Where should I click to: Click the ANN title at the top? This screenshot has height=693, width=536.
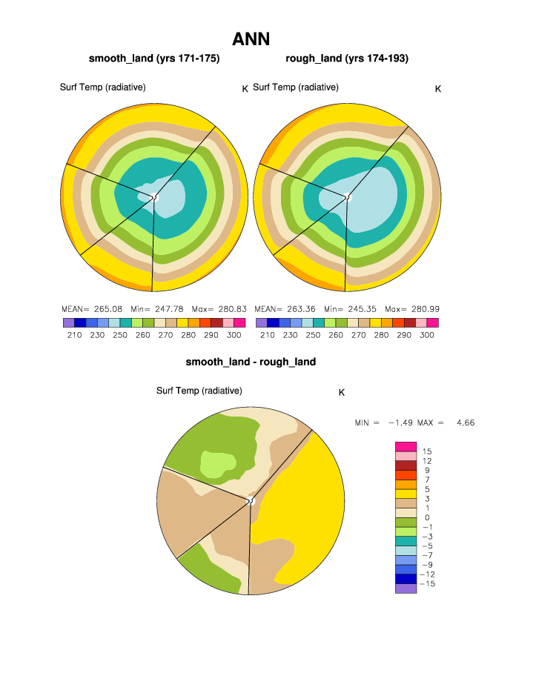251,39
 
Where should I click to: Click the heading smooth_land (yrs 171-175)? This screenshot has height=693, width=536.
154,59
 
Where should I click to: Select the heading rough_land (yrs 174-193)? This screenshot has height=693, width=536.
347,59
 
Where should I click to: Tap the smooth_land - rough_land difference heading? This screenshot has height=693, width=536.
251,362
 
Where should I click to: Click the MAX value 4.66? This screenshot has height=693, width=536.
466,422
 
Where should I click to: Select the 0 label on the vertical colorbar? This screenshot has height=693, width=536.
426,517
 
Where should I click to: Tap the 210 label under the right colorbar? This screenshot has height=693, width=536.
267,335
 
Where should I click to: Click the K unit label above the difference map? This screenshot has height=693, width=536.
342,392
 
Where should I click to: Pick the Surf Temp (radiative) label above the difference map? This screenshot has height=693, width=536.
199,391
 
